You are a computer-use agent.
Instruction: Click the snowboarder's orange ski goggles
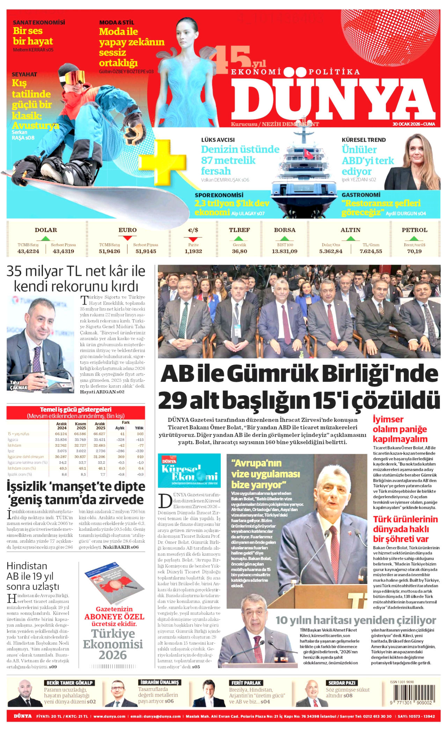(x=75, y=76)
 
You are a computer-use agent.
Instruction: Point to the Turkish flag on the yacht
(x=308, y=153)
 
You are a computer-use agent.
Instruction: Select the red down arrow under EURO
(x=127, y=238)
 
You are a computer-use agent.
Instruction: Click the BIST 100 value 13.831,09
(x=285, y=251)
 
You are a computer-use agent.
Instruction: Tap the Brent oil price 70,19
(x=414, y=251)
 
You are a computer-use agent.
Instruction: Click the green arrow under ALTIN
(x=350, y=238)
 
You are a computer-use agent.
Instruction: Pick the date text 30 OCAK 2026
(x=406, y=124)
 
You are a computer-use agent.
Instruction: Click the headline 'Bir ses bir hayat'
(x=33, y=36)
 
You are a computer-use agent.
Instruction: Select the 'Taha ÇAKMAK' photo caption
(x=18, y=385)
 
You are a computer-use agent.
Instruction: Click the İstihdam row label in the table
(x=15, y=445)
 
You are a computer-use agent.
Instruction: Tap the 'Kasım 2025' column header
(x=81, y=426)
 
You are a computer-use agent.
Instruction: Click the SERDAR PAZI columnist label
(x=342, y=683)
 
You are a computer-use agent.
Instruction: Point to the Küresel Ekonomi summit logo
(x=189, y=471)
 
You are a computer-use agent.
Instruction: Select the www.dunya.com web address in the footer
(x=109, y=716)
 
